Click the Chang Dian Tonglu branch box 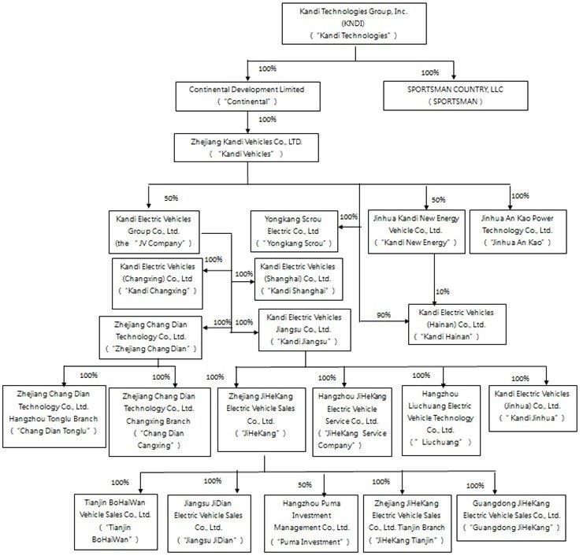pos(54,414)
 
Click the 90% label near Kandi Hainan pos(384,315)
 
